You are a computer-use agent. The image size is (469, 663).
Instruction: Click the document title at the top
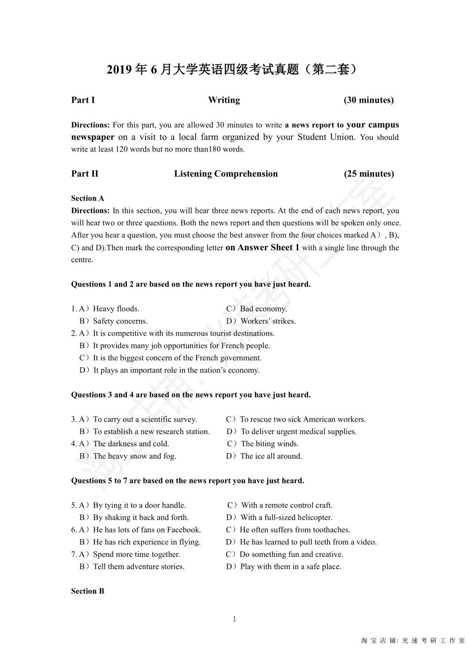click(x=232, y=70)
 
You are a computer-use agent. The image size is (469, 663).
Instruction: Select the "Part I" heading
click(x=83, y=100)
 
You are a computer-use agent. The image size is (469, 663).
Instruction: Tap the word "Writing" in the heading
click(x=224, y=100)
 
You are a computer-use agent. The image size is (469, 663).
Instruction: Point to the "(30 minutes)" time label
click(x=368, y=100)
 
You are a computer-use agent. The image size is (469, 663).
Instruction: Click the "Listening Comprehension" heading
click(x=226, y=174)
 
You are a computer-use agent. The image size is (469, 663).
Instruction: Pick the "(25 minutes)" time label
click(x=368, y=174)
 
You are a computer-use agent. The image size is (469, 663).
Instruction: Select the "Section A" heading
click(x=87, y=198)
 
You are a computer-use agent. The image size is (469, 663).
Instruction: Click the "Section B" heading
click(x=87, y=591)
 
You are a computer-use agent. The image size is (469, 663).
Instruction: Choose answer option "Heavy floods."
click(x=116, y=309)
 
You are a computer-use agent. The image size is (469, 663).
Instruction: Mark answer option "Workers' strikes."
click(x=268, y=321)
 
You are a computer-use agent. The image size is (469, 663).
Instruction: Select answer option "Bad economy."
click(x=263, y=309)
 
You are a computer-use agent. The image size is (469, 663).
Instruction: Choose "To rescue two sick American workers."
click(x=303, y=420)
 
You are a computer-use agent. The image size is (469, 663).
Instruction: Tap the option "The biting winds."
click(x=270, y=444)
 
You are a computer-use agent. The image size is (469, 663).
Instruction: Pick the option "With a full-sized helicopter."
click(x=286, y=517)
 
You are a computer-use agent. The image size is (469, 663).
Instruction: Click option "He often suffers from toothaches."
click(x=295, y=530)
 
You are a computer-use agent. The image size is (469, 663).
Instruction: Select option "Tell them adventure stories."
click(x=139, y=567)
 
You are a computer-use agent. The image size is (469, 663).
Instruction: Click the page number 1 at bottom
click(x=234, y=619)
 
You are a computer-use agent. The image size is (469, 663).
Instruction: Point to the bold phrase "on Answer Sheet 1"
click(x=262, y=248)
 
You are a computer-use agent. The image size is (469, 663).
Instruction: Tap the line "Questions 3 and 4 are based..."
click(x=191, y=395)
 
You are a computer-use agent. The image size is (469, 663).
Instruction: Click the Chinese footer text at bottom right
click(x=413, y=641)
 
